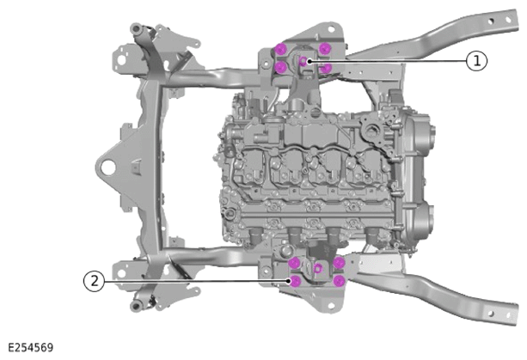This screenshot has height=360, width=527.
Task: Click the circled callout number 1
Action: pos(476,61)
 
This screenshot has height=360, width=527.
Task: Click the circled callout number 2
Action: pos(94,281)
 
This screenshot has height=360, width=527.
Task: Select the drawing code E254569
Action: pos(31,348)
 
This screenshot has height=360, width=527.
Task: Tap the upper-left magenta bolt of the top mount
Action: pos(280,49)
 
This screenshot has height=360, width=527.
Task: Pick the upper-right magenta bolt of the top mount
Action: pos(324,49)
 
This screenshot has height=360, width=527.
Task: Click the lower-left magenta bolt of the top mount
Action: pos(280,67)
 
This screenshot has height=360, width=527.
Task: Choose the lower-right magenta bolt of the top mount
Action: pos(325,68)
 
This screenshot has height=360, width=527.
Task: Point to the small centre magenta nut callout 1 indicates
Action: pos(303,61)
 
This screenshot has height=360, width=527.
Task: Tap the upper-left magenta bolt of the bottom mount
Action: pos(295,263)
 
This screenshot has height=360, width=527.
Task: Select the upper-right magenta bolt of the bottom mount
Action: pos(339,263)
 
